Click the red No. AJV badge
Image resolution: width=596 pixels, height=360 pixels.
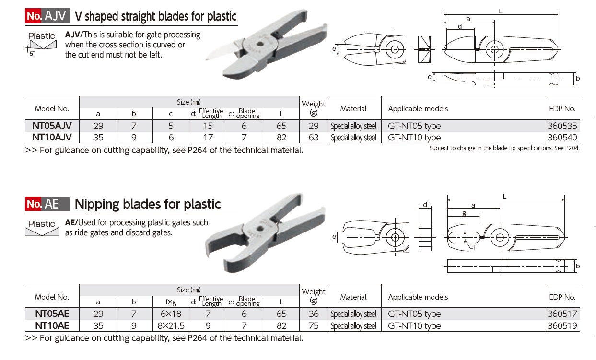[47, 16]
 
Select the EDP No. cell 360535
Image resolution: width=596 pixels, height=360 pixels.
[563, 126]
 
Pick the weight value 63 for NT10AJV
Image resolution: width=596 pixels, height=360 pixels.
[314, 138]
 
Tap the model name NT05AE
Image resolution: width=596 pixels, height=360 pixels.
[52, 314]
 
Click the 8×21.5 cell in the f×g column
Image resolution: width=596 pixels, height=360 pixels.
[171, 326]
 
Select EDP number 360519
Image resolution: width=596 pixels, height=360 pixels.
[563, 326]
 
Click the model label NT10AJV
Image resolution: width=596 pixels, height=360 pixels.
[52, 138]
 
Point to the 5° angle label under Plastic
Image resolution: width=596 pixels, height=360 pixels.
[32, 54]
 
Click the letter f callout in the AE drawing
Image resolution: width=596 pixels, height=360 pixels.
[474, 247]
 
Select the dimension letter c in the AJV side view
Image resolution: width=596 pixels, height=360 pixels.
[430, 77]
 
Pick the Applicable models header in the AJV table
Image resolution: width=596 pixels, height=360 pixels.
[418, 109]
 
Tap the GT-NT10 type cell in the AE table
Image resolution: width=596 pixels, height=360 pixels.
[414, 326]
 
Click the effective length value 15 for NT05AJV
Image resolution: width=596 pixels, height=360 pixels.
[208, 126]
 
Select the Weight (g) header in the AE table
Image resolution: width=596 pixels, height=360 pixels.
[314, 296]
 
